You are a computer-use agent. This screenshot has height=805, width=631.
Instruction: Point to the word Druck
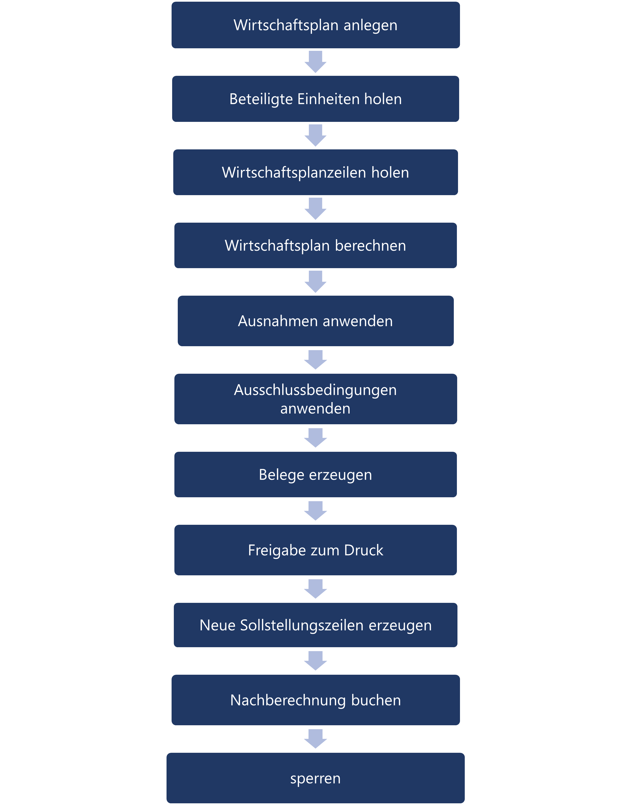364,550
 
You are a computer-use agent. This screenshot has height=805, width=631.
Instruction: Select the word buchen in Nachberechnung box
376,700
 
